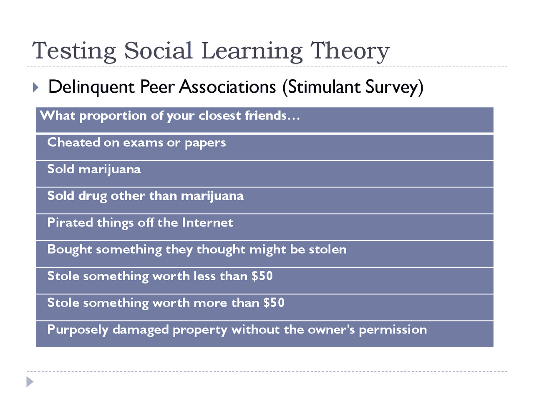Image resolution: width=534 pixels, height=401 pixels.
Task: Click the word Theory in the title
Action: point(349,52)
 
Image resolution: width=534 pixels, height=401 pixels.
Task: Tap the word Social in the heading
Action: point(158,51)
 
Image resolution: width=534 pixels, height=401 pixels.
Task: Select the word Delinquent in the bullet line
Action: point(91,87)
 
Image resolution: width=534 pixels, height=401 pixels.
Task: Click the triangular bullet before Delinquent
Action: point(35,87)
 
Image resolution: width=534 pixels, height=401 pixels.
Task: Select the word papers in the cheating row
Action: point(205,144)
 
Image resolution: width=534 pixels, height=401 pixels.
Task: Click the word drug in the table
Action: point(93,196)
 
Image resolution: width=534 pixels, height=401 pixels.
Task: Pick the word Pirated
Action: point(70,223)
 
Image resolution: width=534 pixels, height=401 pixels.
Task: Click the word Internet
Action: point(207,223)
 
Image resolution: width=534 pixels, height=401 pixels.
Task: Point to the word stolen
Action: point(327,249)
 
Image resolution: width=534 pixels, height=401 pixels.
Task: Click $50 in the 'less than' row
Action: point(262,276)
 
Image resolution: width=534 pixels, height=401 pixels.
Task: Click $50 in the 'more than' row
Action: point(274,303)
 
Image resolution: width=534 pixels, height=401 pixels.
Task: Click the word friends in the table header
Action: point(265,115)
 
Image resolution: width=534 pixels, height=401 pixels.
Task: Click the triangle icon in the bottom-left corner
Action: point(30,381)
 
